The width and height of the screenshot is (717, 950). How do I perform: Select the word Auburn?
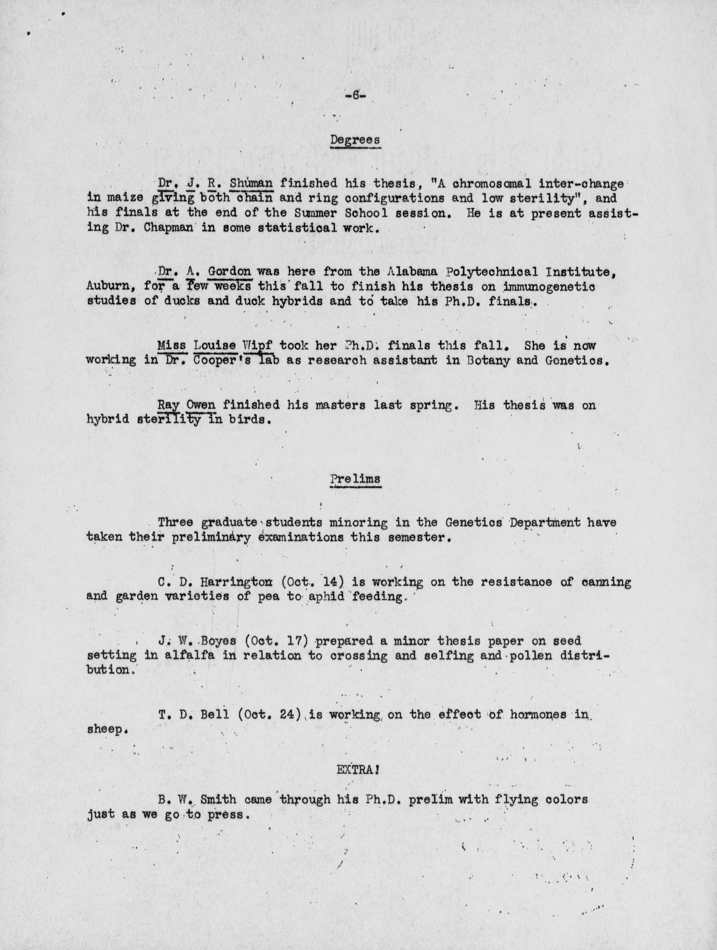(x=111, y=286)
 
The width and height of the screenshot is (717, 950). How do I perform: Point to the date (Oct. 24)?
(x=269, y=715)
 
